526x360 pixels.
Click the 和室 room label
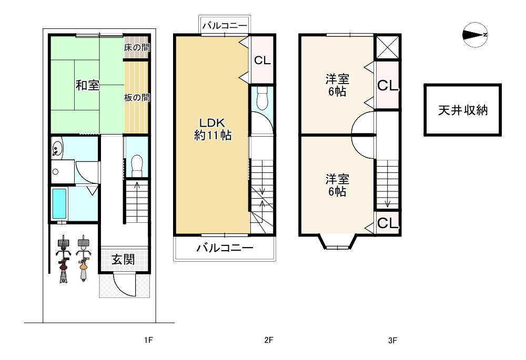(x=87, y=85)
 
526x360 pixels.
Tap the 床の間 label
(x=137, y=48)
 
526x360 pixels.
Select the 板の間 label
(x=137, y=98)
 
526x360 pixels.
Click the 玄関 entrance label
(x=123, y=259)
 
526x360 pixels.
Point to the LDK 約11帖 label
(x=213, y=129)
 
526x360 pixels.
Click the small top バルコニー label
(x=225, y=25)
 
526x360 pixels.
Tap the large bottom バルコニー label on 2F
(x=225, y=248)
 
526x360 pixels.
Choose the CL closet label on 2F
(x=262, y=60)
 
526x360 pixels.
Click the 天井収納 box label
(x=462, y=110)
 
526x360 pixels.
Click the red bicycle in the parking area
(x=64, y=259)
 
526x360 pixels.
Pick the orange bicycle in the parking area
(x=83, y=259)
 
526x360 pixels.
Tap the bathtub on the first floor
(x=59, y=204)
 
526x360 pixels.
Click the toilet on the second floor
(x=261, y=98)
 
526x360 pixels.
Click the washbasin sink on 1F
(x=57, y=148)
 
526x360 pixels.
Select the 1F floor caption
(x=148, y=340)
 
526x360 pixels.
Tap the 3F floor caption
(x=392, y=341)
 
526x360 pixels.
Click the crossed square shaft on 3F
(x=387, y=48)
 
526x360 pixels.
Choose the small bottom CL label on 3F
(x=388, y=223)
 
